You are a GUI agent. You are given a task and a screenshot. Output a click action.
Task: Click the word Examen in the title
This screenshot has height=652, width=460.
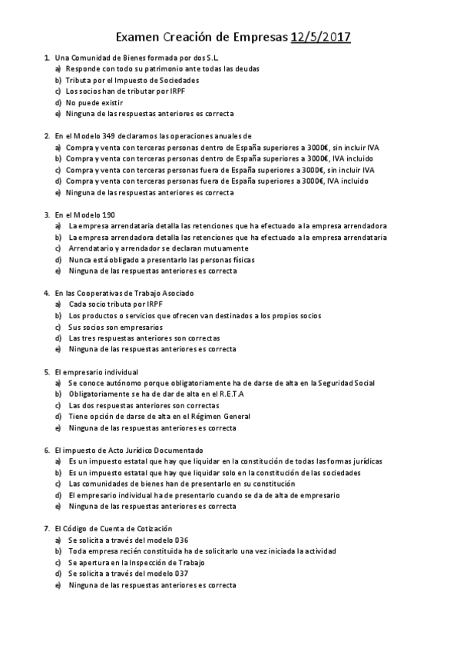[x=138, y=36]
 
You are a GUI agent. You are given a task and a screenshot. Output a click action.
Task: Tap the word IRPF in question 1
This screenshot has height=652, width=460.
[x=154, y=91]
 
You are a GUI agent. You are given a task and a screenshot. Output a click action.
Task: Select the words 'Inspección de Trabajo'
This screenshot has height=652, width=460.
[x=168, y=562]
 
